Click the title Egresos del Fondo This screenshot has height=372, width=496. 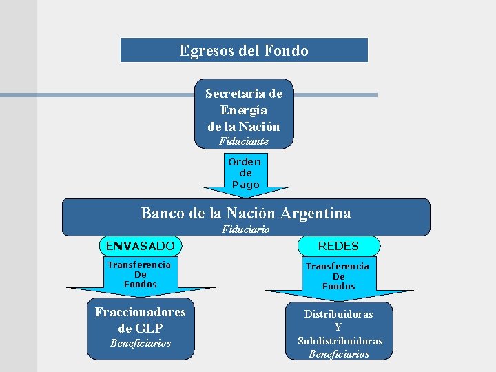[244, 50]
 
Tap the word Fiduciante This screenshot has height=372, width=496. [244, 141]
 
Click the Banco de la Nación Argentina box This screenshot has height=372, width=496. [246, 214]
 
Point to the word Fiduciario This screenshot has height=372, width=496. [246, 229]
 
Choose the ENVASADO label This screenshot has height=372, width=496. [141, 245]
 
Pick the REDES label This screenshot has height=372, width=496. [338, 245]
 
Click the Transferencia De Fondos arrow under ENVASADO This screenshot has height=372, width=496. [140, 276]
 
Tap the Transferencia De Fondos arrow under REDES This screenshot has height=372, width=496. [338, 277]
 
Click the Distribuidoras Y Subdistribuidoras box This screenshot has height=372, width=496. [339, 331]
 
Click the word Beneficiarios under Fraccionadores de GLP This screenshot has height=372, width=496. [141, 343]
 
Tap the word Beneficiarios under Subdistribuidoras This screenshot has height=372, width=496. [339, 354]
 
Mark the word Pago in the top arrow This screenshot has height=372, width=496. [246, 185]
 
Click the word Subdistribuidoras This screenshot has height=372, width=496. [340, 341]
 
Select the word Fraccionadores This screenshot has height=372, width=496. [141, 312]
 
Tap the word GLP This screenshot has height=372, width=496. [150, 328]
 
